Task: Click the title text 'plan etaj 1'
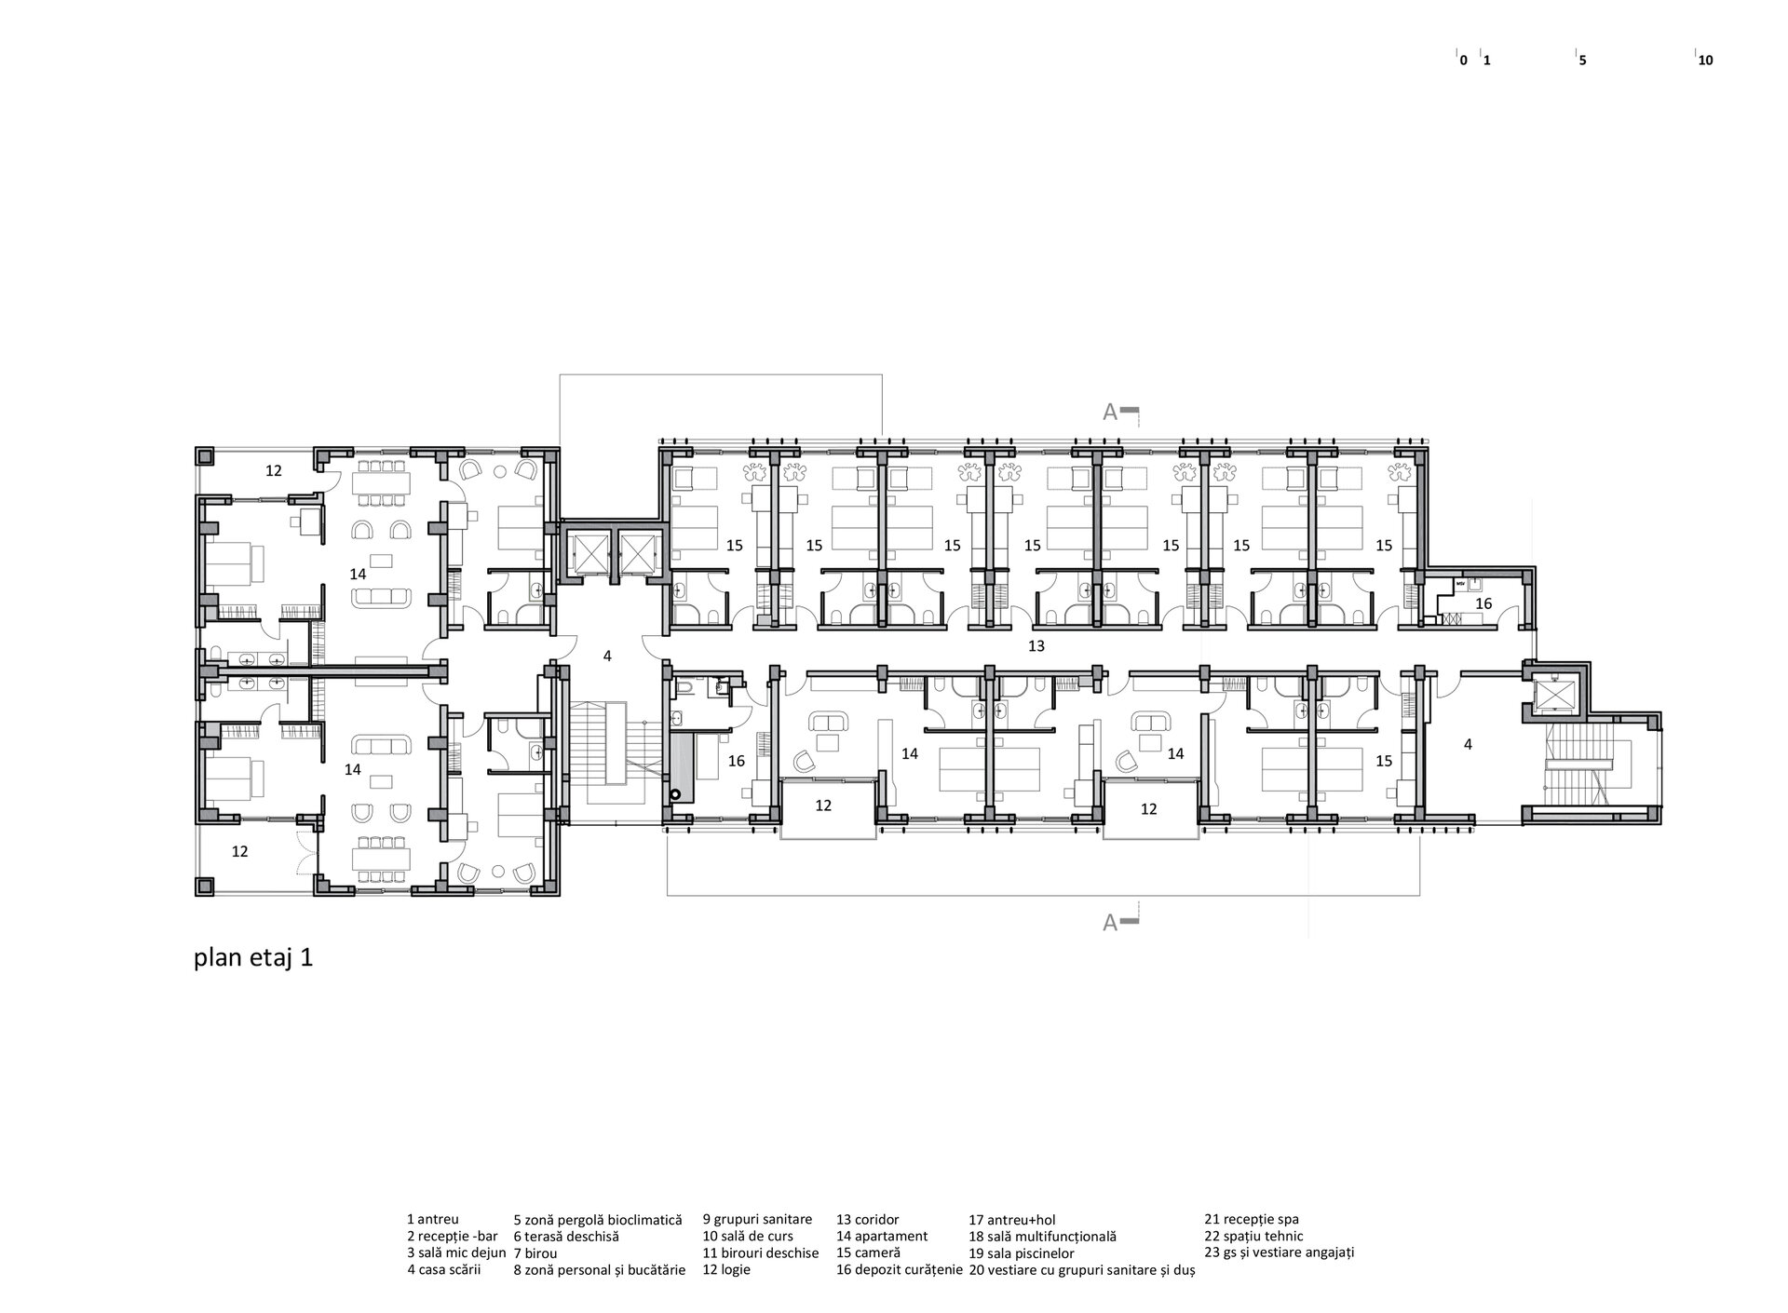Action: tap(252, 958)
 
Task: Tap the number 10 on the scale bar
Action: tap(1706, 61)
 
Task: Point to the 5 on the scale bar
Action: tap(1582, 61)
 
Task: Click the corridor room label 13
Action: tap(1036, 645)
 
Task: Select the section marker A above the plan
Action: tap(1110, 413)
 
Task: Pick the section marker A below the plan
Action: tap(1110, 923)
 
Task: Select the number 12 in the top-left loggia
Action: tap(273, 471)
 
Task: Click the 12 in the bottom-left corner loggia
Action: tap(239, 851)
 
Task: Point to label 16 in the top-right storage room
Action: tap(1483, 603)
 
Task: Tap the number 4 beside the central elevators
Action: tap(607, 656)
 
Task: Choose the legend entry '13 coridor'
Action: tap(867, 1220)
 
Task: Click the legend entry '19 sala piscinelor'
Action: tap(1022, 1253)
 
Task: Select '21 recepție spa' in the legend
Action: tap(1251, 1220)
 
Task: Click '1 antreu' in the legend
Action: tap(432, 1220)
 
